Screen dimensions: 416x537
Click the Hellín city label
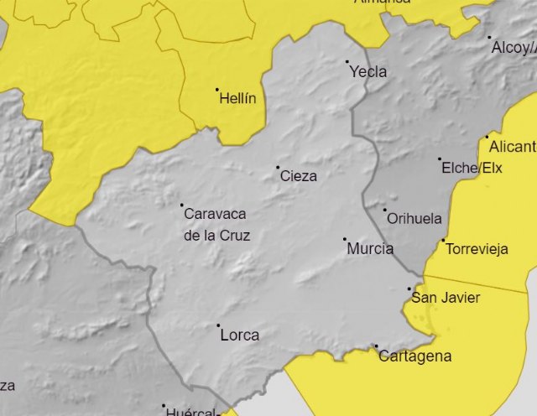point(237,98)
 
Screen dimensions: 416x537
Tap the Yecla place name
point(369,72)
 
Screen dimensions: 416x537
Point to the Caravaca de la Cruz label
point(216,224)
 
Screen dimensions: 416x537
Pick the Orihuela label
point(414,219)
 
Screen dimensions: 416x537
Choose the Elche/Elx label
point(472,168)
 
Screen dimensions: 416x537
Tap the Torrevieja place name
point(477,249)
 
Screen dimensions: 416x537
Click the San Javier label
point(445,298)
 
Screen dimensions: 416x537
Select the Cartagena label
point(415,356)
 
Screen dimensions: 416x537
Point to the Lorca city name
point(239,335)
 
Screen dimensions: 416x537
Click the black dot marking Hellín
point(216,90)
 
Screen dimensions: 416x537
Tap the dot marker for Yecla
point(347,61)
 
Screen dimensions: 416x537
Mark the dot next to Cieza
point(279,168)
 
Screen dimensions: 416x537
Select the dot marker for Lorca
point(218,325)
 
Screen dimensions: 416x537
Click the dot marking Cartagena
point(376,346)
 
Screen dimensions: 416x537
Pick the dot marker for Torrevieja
point(444,241)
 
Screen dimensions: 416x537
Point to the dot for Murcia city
point(345,239)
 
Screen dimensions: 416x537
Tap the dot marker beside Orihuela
point(385,210)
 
